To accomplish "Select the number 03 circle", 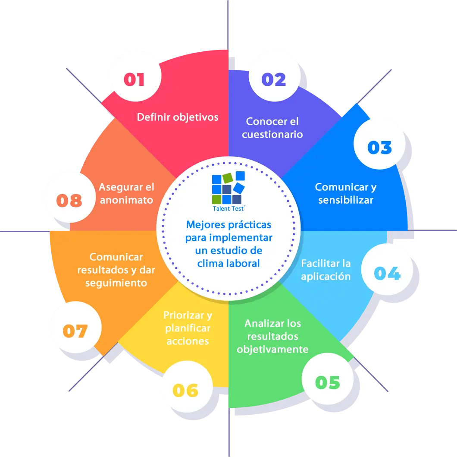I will (379, 148).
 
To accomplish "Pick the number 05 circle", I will (328, 382).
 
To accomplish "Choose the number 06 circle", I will (186, 390).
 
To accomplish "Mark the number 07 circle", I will (75, 331).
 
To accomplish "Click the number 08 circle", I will (69, 200).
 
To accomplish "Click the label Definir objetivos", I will (178, 117).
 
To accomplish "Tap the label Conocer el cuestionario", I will (272, 128).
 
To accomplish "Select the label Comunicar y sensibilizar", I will (346, 193).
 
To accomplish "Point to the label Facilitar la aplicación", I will (326, 270).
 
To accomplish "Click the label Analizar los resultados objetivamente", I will (272, 336).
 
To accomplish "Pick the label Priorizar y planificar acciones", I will (188, 328).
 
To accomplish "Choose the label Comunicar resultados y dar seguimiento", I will (116, 270).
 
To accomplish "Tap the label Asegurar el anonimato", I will (126, 193).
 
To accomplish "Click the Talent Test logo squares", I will (228, 187).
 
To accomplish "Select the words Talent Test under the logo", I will (228, 208).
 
